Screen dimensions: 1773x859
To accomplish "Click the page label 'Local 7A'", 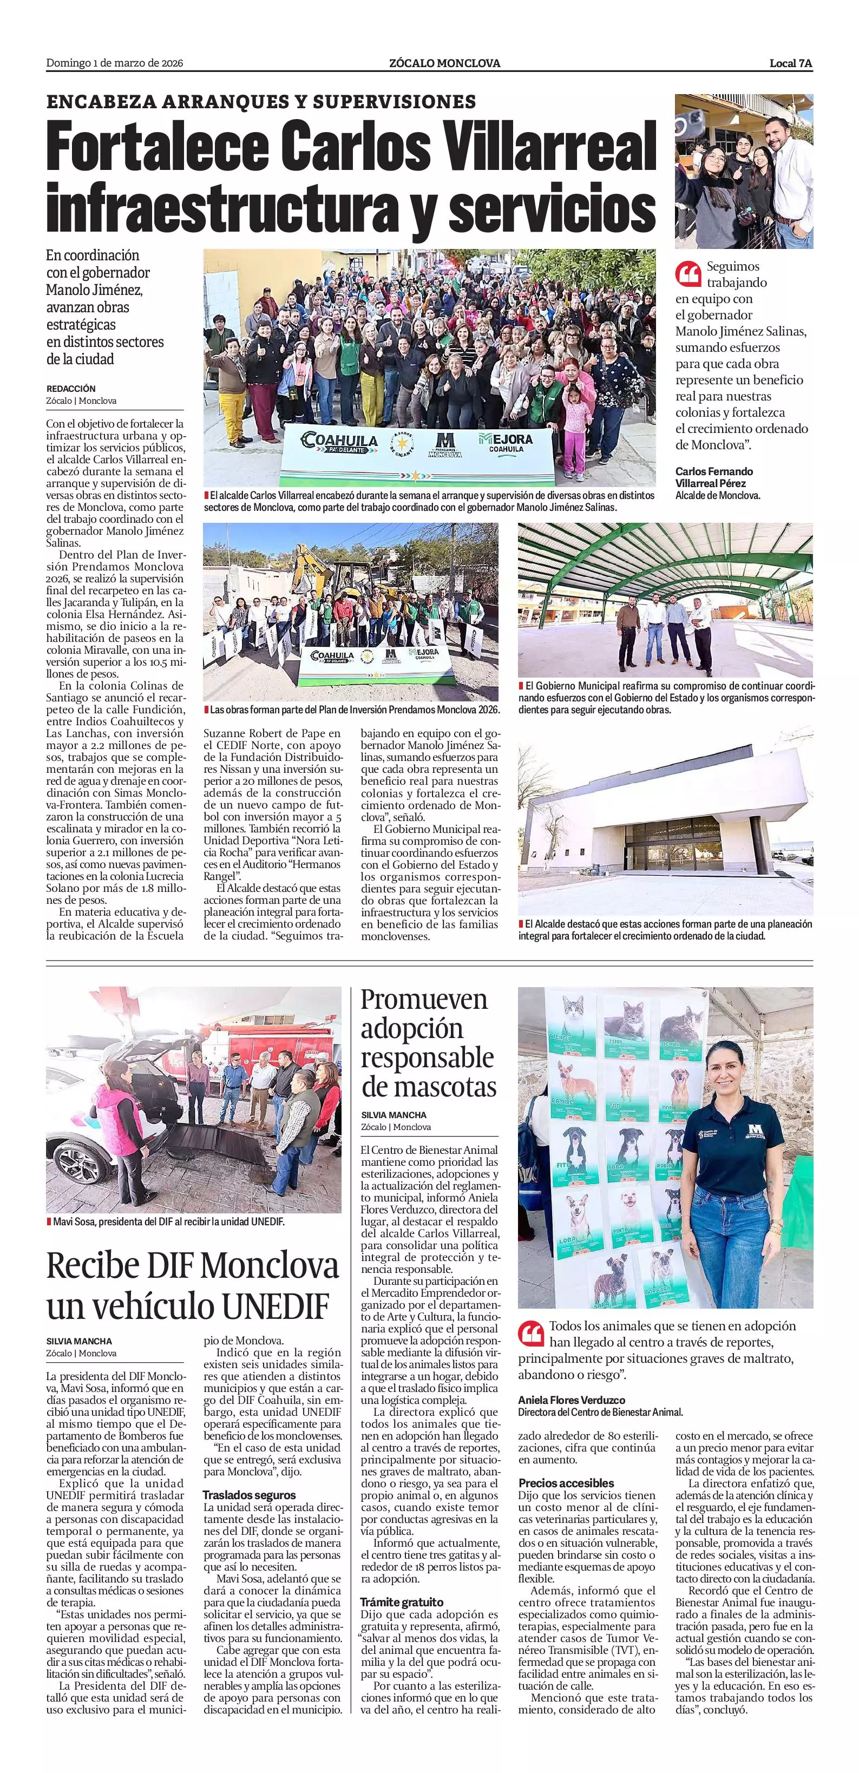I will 791,63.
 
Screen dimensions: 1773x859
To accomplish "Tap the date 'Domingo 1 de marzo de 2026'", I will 114,63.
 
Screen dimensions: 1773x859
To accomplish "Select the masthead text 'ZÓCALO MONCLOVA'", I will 444,63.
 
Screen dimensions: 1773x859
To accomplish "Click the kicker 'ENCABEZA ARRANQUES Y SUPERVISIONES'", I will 261,102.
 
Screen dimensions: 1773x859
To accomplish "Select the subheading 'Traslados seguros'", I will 249,1495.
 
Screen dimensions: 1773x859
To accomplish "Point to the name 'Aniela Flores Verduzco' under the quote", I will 571,1400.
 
